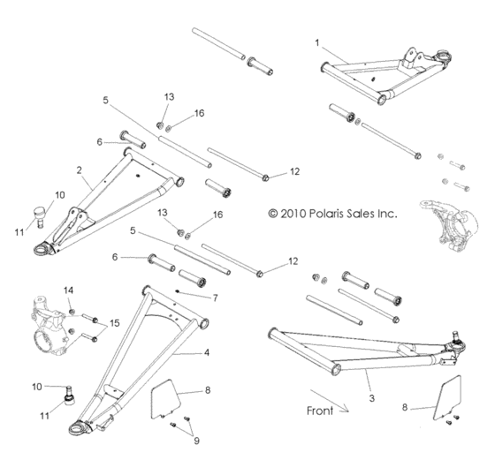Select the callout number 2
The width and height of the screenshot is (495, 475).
(80, 170)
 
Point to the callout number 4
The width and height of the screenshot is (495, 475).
(206, 351)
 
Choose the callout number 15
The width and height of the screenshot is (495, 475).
(114, 323)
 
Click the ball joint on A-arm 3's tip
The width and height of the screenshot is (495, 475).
(458, 339)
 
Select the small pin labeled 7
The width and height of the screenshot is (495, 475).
(180, 293)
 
